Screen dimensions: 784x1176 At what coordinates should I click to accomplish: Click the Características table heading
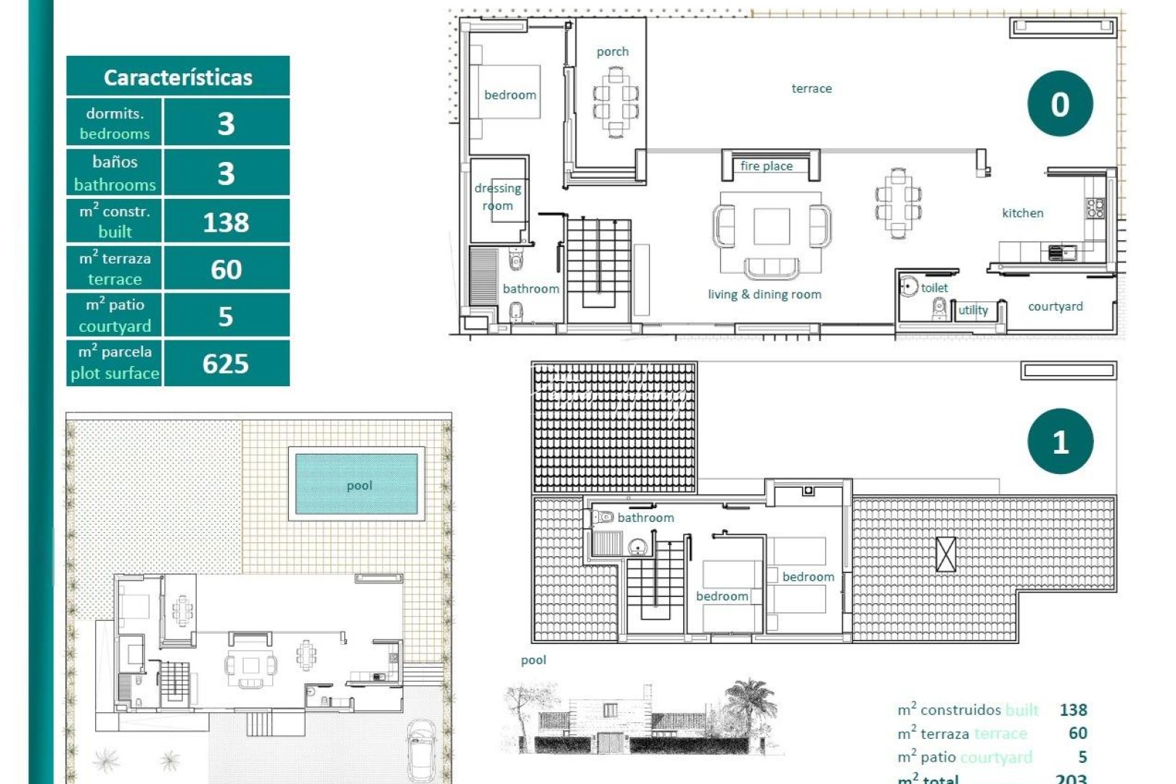[178, 77]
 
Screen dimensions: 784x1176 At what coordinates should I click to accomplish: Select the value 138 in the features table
[226, 222]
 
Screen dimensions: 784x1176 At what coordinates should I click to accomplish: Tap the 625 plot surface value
[226, 363]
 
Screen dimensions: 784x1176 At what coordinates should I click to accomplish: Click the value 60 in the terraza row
[226, 269]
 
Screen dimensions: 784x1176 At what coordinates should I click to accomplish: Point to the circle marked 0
[1060, 104]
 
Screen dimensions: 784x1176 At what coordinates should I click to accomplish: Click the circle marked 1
[1060, 441]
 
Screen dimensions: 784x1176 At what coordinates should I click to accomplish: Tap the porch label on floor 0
[613, 52]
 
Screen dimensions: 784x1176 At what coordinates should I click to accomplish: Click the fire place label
[767, 166]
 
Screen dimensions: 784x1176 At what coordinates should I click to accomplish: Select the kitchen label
[1022, 213]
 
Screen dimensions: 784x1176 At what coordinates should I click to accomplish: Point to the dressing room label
[498, 197]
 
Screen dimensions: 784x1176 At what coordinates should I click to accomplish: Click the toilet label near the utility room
[934, 287]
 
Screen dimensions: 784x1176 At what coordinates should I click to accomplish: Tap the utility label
[973, 310]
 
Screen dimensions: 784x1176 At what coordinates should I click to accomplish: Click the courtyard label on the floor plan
[1055, 306]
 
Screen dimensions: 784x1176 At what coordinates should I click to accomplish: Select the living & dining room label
[764, 294]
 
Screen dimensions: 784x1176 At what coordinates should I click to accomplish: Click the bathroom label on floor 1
[645, 518]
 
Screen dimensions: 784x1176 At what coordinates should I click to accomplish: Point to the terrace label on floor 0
[812, 89]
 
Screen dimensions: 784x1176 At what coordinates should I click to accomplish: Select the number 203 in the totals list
[1071, 778]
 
